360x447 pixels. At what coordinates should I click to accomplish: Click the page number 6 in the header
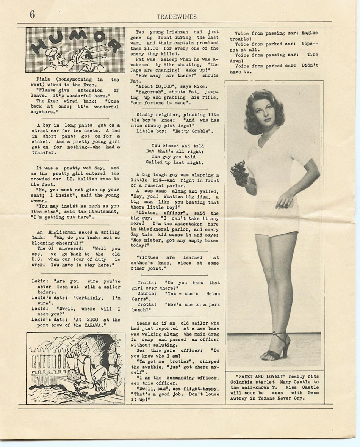click(32, 15)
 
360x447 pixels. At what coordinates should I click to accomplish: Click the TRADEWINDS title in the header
click(177, 16)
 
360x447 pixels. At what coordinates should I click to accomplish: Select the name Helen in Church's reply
click(212, 293)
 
